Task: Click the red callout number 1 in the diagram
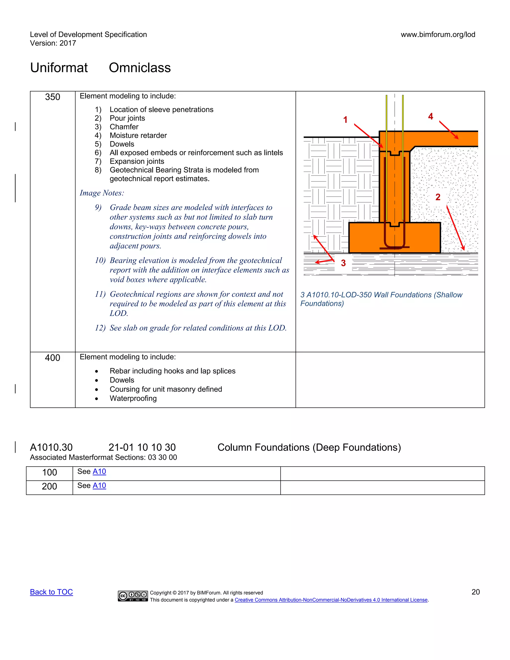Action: pyautogui.click(x=345, y=120)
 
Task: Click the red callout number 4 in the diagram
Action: pyautogui.click(x=431, y=116)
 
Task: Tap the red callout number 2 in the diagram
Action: pyautogui.click(x=438, y=197)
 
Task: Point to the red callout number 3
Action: pyautogui.click(x=343, y=263)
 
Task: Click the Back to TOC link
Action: pyautogui.click(x=51, y=592)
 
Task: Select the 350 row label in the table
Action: pyautogui.click(x=53, y=97)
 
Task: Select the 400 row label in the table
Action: pyautogui.click(x=53, y=358)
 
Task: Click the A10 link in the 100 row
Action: pyautogui.click(x=99, y=471)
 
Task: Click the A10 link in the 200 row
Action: pyautogui.click(x=99, y=485)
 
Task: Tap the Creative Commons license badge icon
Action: pyautogui.click(x=133, y=596)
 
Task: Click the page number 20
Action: pyautogui.click(x=476, y=592)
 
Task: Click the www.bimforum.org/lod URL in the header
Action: pyautogui.click(x=438, y=34)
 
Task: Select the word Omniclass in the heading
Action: pyautogui.click(x=140, y=68)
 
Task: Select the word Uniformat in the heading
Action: pyautogui.click(x=59, y=68)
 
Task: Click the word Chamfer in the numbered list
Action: pyautogui.click(x=124, y=127)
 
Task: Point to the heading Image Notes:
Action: pyautogui.click(x=102, y=193)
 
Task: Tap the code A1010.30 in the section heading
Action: pyautogui.click(x=51, y=447)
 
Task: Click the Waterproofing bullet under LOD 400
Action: pyautogui.click(x=133, y=398)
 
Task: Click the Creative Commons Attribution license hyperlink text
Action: pyautogui.click(x=331, y=600)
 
